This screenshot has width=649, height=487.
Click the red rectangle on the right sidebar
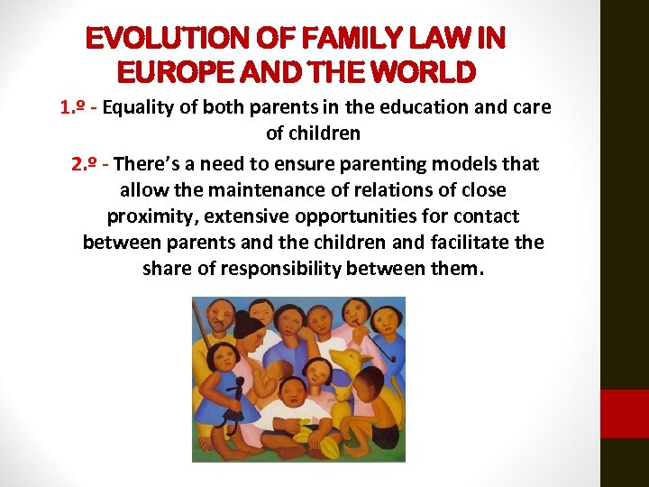[x=625, y=413]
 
